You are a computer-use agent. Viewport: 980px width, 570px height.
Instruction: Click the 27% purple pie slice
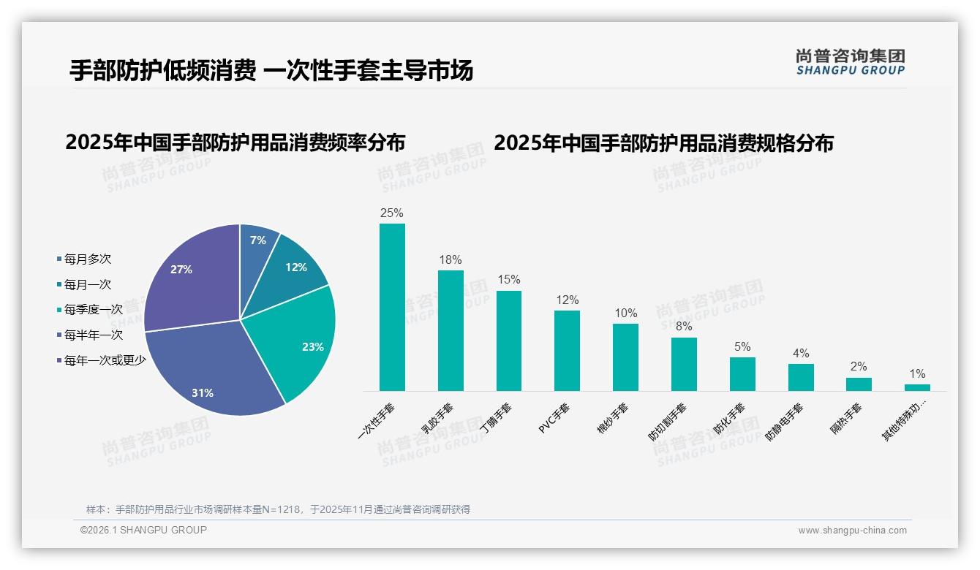coord(186,278)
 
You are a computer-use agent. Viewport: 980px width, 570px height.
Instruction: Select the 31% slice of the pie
coord(212,373)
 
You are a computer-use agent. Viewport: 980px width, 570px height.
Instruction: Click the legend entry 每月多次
coord(87,259)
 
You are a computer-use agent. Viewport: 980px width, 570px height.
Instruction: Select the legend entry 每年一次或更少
coord(105,360)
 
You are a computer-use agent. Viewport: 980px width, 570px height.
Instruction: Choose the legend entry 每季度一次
coord(93,310)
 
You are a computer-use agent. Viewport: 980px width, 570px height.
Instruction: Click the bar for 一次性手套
coord(392,307)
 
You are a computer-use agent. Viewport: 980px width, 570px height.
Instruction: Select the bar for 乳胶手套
coord(451,330)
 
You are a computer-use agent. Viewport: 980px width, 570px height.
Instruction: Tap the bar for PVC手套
coord(567,351)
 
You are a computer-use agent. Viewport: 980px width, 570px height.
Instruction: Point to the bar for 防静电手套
coord(801,377)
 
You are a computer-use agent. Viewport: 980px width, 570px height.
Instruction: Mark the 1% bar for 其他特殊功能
coord(917,387)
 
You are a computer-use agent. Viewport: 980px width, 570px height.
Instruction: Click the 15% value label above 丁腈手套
coord(509,280)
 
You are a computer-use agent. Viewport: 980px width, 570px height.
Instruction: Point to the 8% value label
coord(684,327)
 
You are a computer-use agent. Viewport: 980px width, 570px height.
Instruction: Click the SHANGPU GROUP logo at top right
coord(851,62)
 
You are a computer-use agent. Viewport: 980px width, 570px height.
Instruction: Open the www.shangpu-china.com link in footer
coord(852,531)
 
